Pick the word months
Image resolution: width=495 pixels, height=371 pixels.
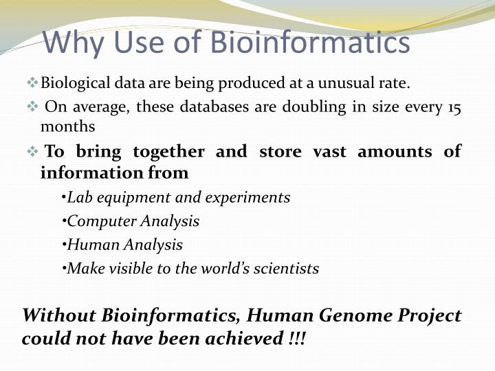coord(67,126)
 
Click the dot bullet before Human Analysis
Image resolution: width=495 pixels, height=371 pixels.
coord(63,245)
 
